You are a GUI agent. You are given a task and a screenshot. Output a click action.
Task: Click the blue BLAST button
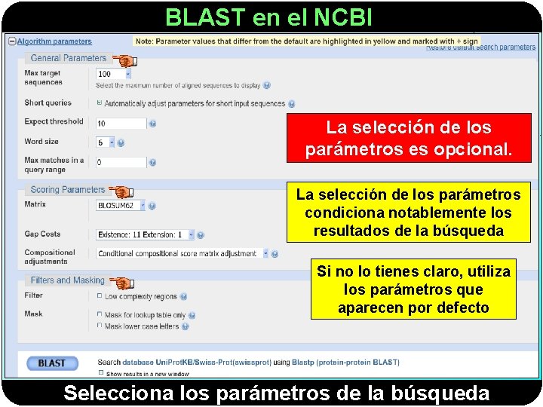(x=52, y=363)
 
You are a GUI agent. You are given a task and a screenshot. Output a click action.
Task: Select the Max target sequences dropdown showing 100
(x=114, y=74)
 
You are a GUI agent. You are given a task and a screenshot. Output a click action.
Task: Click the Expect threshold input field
(x=121, y=123)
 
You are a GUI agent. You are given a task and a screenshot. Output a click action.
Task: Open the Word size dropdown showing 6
(x=105, y=142)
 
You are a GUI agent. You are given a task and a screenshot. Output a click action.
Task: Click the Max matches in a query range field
(x=121, y=162)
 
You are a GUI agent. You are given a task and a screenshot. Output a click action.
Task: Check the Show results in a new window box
(x=101, y=373)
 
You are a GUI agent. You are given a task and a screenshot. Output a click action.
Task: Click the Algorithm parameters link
(x=54, y=41)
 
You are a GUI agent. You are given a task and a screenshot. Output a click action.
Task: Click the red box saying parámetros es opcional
(x=408, y=139)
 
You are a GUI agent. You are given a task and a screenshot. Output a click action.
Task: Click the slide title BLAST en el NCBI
(x=268, y=17)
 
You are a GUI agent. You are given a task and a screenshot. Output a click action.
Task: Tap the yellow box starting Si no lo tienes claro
(x=413, y=289)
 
